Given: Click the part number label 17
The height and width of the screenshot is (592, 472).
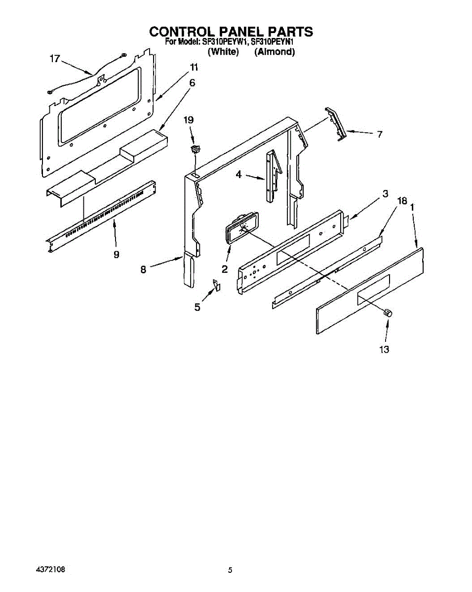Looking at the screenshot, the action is pos(54,59).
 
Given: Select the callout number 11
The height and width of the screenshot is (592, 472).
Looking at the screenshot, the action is pos(194,67).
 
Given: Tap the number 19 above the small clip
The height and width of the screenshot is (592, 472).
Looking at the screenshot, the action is pos(189,120).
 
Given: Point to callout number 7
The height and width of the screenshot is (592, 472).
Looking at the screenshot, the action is pos(379,134).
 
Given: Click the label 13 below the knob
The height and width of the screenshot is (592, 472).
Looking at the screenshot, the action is pos(384,349).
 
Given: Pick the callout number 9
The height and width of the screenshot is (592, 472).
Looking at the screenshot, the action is pos(116,255).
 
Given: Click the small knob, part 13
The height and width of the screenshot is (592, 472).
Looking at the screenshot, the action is pos(388,312).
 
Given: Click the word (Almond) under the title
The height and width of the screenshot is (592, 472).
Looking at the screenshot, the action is pos(275,51).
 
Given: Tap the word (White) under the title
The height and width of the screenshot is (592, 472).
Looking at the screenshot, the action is pos(223,51).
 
